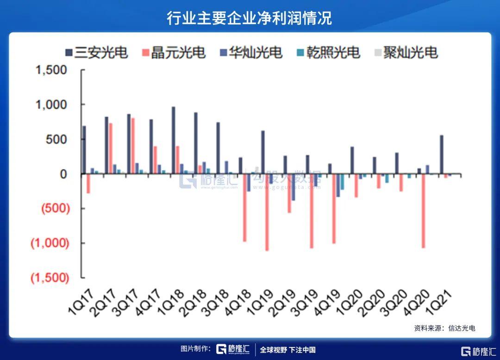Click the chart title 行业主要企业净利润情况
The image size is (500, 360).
[x=250, y=19]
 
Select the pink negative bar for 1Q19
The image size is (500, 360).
[x=267, y=212]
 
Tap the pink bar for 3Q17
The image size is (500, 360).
[x=133, y=146]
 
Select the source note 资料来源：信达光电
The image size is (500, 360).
[x=444, y=328]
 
